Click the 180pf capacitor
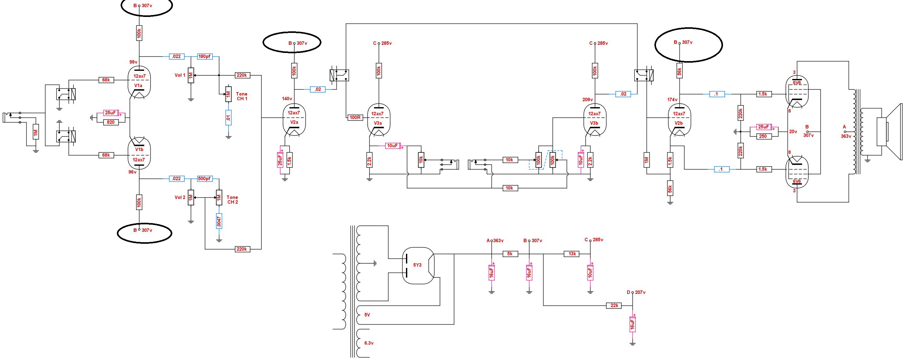click(205, 56)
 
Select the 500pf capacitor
click(205, 179)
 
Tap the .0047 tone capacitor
click(219, 221)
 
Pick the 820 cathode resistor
click(111, 122)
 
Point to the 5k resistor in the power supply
click(510, 254)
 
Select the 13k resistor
click(572, 254)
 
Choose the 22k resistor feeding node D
click(614, 305)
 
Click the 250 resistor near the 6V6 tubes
click(763, 136)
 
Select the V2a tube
click(294, 120)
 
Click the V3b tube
click(595, 120)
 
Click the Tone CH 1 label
click(242, 96)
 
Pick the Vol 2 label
click(180, 197)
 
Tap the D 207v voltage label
click(636, 292)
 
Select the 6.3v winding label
click(368, 343)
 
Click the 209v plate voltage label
click(587, 100)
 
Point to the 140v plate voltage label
click(287, 99)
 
